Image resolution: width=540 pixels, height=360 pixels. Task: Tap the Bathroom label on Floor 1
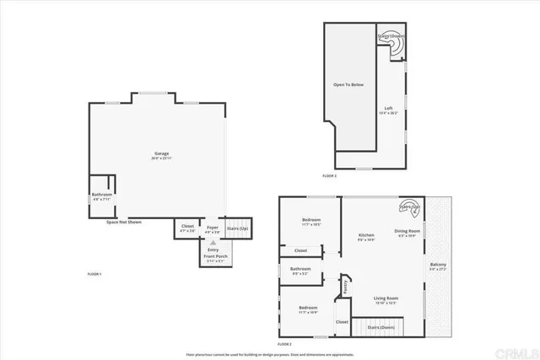point(102,196)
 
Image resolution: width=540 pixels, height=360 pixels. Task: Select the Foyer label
point(213,226)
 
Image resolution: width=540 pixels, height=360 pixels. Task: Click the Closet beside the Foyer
point(187,226)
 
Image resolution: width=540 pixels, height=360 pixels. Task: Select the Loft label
point(389,108)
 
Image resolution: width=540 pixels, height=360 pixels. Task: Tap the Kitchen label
point(366,236)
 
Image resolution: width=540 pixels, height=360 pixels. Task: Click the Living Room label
point(386,298)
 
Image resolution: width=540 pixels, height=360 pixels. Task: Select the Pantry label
point(346,286)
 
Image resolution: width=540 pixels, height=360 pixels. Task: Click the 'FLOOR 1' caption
point(94,274)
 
